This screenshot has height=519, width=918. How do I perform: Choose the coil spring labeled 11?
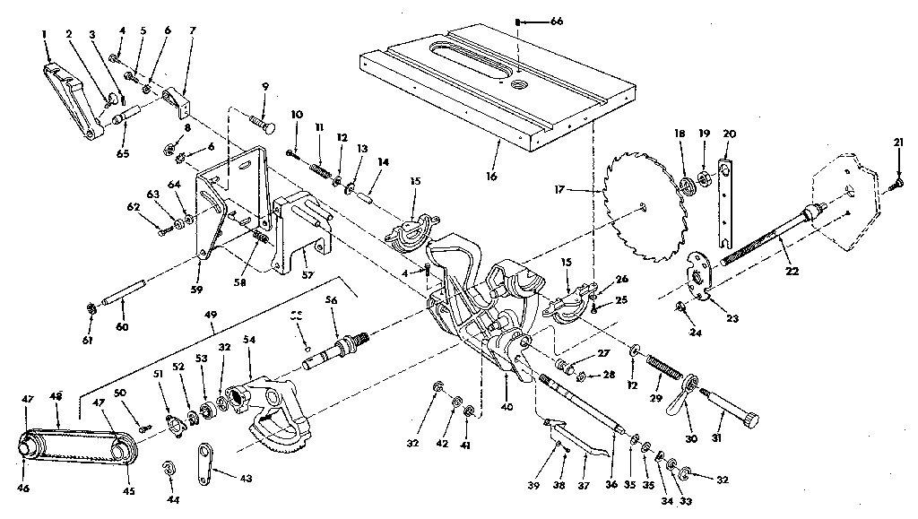pos(321,165)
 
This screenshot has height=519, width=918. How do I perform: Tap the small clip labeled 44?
pos(169,469)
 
